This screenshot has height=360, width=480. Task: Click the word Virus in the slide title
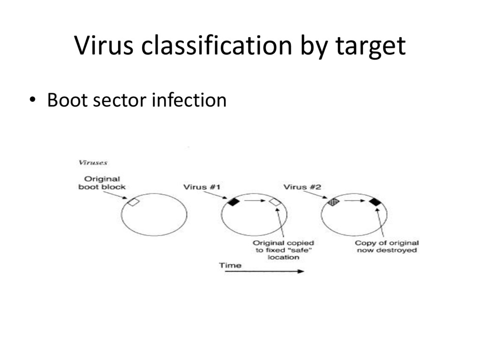click(x=104, y=45)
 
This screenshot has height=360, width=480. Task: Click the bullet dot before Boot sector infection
click(x=31, y=100)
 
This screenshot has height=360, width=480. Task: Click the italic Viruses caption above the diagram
click(x=92, y=163)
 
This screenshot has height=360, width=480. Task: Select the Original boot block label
click(x=102, y=183)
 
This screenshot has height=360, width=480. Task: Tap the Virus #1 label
click(x=202, y=187)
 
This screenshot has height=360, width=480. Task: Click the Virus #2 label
click(x=302, y=187)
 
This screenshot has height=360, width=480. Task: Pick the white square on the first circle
click(x=134, y=202)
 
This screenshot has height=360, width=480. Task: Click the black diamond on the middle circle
click(x=233, y=202)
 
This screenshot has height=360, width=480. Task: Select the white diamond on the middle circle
click(x=275, y=202)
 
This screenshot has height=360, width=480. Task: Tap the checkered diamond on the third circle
click(x=333, y=202)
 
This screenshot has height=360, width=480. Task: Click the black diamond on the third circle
click(x=375, y=202)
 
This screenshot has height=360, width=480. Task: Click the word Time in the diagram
click(x=231, y=265)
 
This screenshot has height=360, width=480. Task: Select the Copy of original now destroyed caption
click(x=387, y=247)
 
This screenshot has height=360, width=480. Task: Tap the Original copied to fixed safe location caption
click(x=284, y=250)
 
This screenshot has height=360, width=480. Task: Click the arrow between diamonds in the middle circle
click(x=254, y=201)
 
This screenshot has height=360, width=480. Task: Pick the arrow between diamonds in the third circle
click(x=354, y=201)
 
